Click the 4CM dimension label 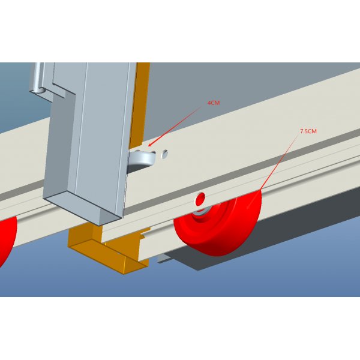tap(214, 103)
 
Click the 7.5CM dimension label tap(308, 131)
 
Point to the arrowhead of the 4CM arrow tap(149, 145)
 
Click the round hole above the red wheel tap(200, 199)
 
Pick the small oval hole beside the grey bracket tap(164, 154)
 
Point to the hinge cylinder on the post tap(37, 78)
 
